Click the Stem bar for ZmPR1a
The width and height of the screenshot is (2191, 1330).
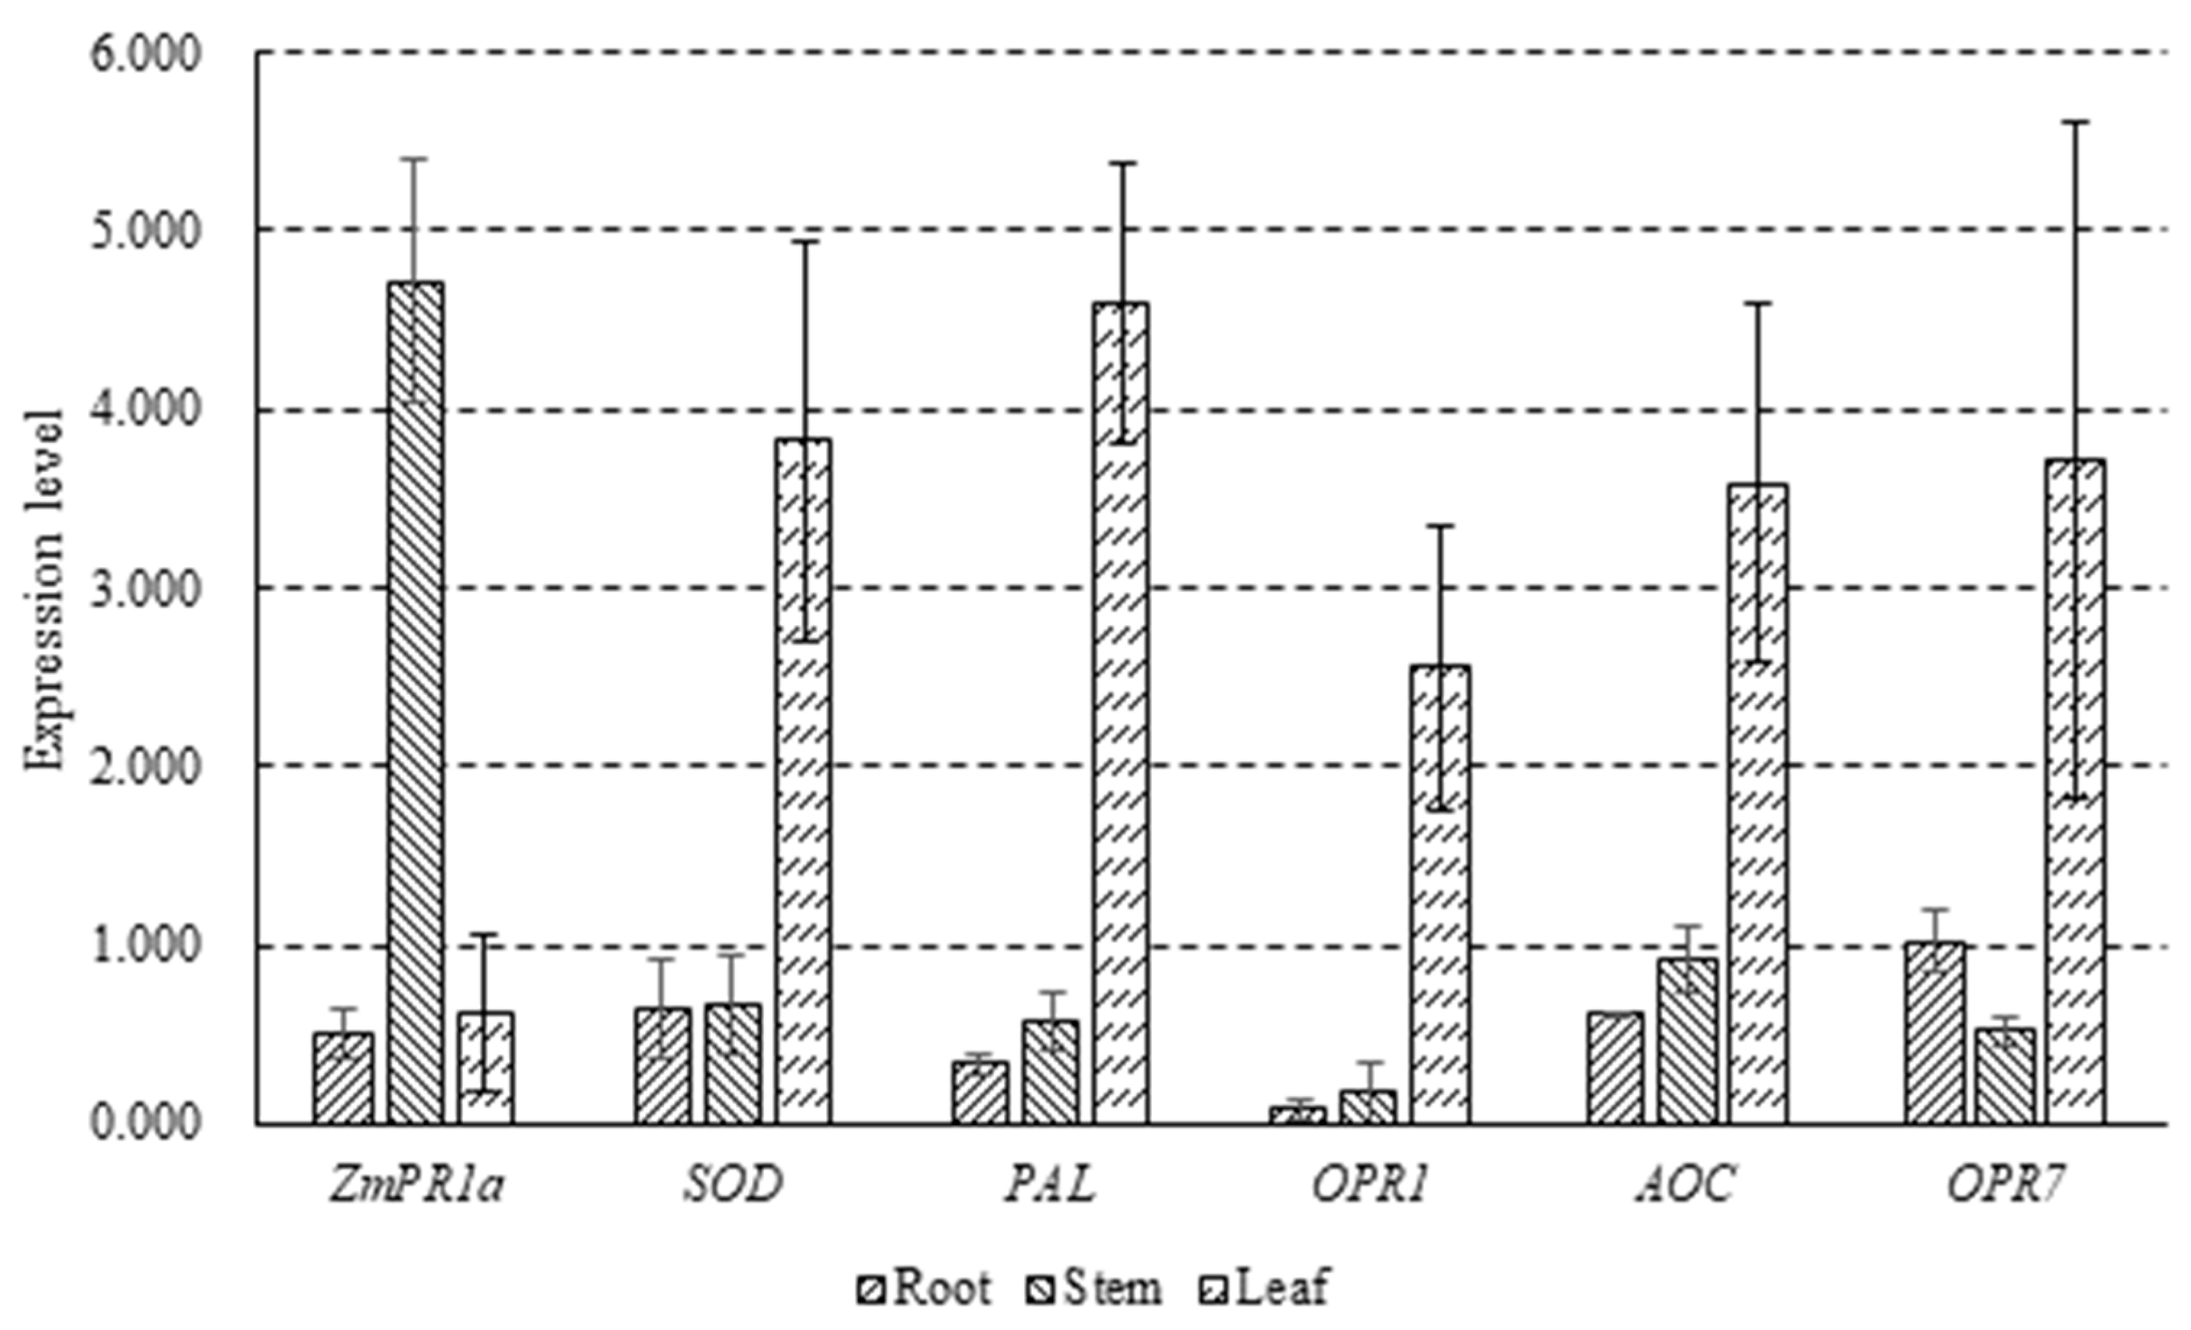(x=415, y=703)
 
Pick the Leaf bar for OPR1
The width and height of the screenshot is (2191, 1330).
(x=1439, y=894)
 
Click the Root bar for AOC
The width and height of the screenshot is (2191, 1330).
(x=1614, y=1067)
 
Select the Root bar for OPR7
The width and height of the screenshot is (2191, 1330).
(x=1934, y=1033)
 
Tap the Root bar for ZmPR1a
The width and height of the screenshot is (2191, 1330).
(x=344, y=1078)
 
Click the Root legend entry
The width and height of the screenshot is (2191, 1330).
(x=924, y=1287)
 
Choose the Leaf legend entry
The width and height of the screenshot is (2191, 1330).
(x=1264, y=1287)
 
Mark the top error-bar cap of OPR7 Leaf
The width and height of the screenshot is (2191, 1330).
(x=2076, y=122)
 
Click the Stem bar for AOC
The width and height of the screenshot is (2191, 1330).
(x=1687, y=1041)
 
